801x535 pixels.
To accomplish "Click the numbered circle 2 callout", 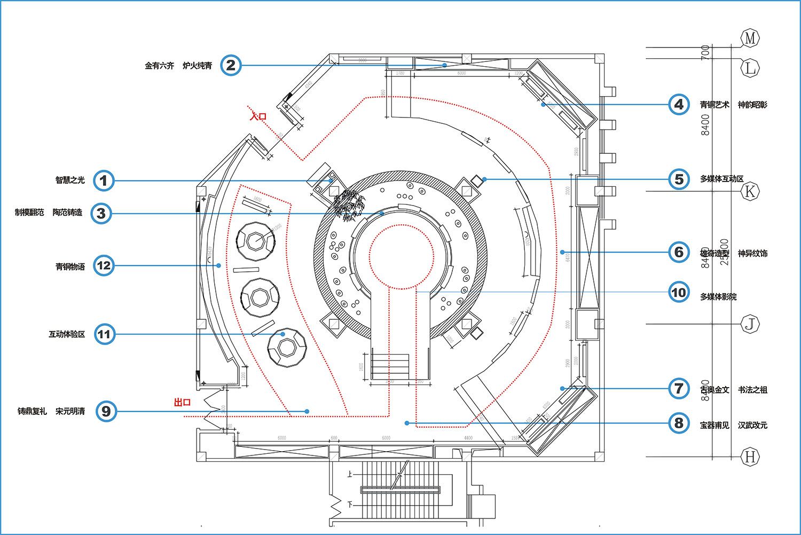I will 231,66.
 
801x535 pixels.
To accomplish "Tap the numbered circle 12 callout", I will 104,265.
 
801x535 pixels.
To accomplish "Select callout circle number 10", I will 679,293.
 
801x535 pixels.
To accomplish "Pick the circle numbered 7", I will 679,389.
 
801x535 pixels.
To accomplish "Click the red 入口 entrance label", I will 258,116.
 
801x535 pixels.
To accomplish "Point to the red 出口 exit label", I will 182,403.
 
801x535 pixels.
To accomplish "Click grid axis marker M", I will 750,38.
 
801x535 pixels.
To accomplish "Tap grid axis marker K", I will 750,191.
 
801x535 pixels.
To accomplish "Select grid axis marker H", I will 750,457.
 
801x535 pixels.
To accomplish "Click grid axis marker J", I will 750,324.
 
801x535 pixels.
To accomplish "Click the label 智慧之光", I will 70,180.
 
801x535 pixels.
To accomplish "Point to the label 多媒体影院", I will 718,297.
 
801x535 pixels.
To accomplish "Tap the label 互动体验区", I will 67,335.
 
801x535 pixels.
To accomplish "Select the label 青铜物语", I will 70,266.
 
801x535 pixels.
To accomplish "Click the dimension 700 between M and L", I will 705,52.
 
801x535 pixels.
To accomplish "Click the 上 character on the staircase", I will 350,474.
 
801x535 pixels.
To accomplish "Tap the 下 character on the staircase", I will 350,504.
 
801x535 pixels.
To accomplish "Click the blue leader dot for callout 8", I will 407,423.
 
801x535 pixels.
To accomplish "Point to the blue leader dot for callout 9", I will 307,411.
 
